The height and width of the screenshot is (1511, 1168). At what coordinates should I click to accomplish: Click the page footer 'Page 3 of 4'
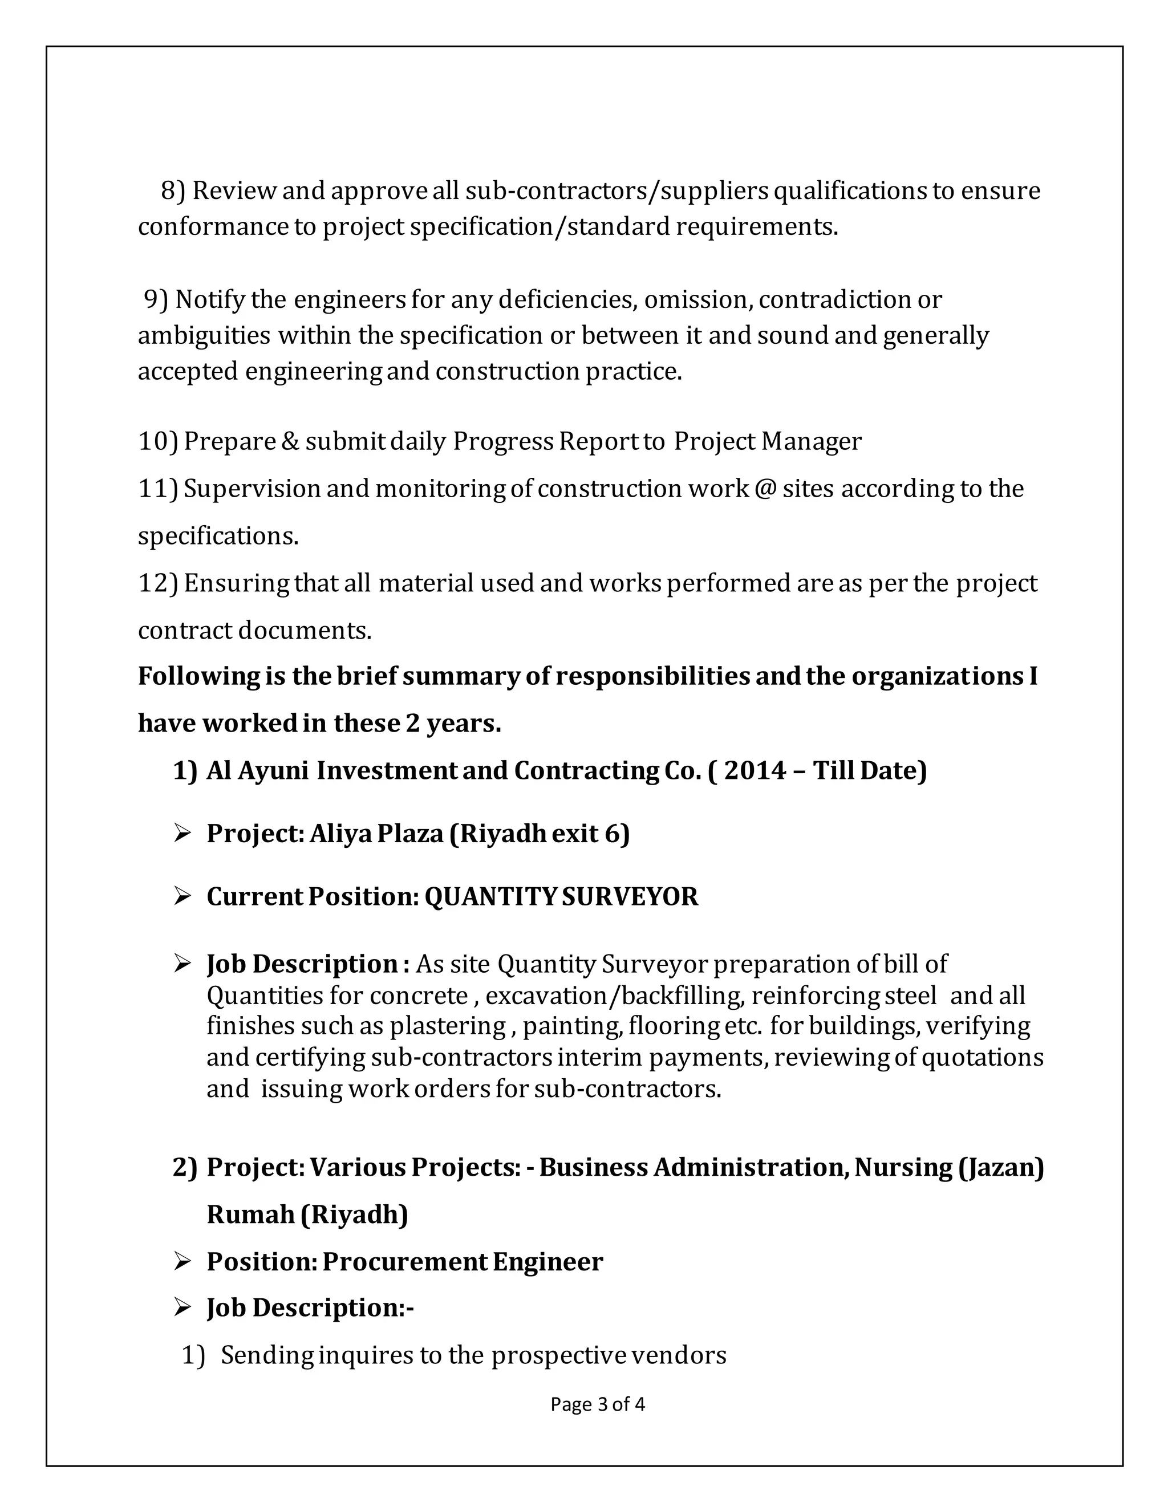597,1404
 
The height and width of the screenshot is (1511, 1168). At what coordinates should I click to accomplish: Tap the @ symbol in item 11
765,489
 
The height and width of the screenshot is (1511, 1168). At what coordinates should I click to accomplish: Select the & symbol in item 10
290,441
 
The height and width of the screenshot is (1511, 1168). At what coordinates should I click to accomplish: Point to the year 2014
756,770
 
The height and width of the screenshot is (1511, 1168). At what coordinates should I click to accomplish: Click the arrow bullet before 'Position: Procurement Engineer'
182,1262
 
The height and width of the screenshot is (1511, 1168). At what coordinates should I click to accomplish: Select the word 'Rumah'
250,1214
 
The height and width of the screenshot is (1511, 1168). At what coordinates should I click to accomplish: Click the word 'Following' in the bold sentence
198,676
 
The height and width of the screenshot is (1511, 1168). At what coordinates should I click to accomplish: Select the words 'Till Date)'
870,770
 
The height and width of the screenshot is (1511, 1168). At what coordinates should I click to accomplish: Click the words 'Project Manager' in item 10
768,441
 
